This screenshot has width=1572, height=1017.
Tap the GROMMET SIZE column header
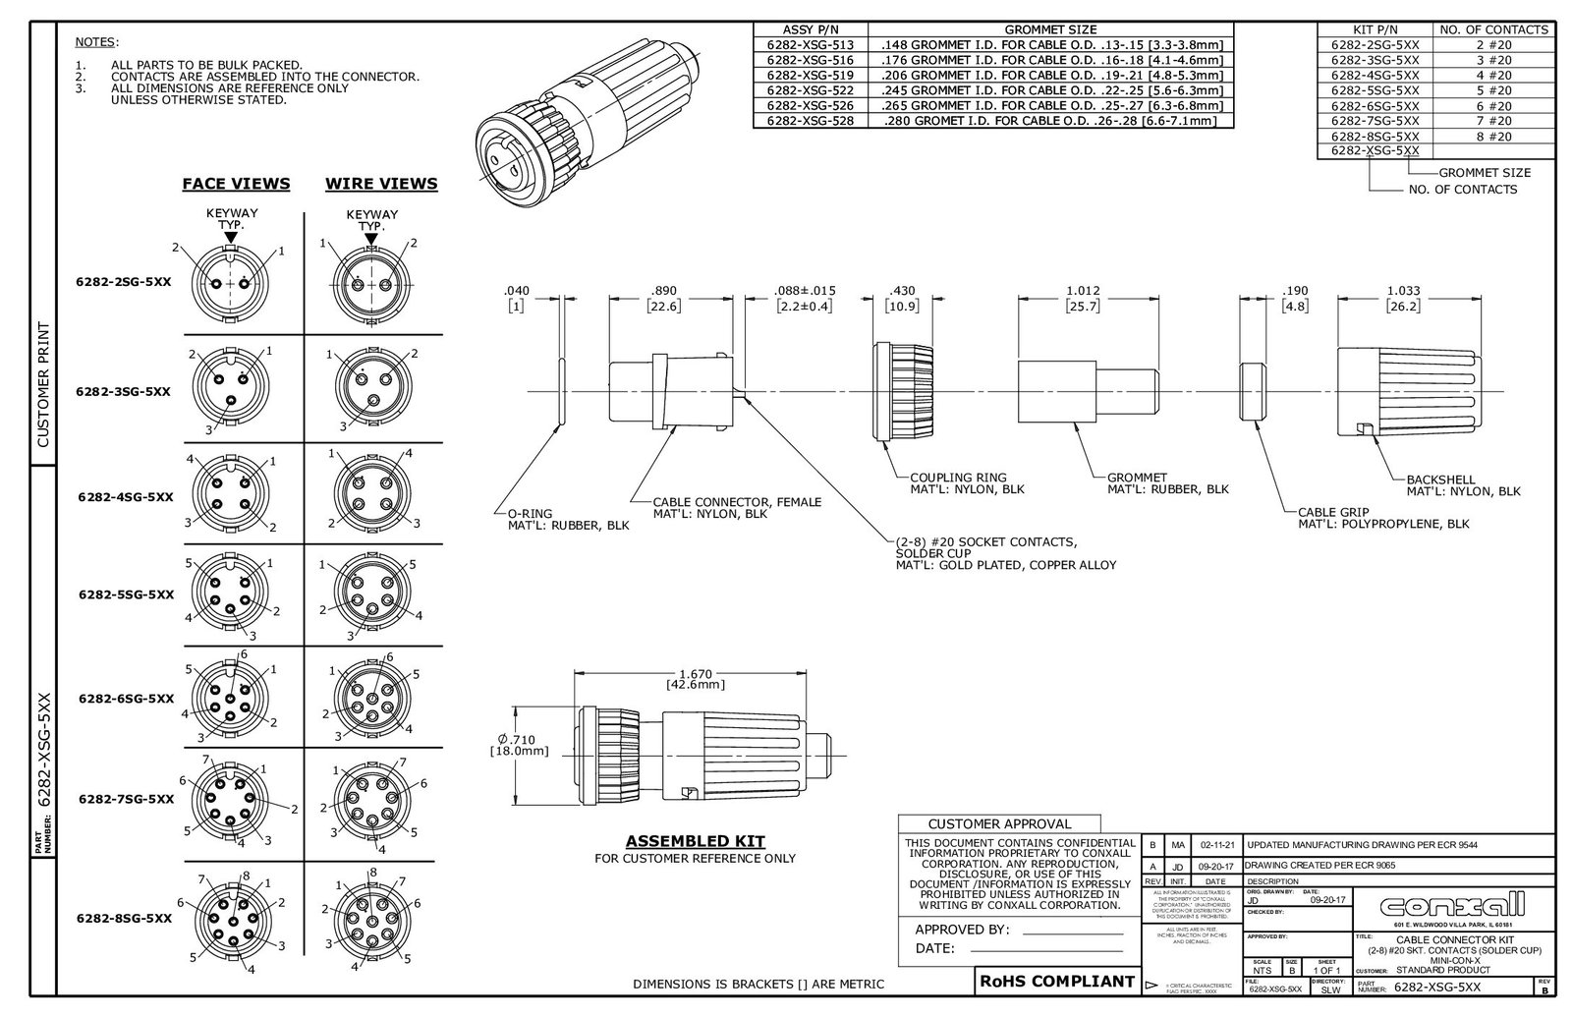point(1051,29)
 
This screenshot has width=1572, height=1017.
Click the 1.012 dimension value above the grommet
point(1083,291)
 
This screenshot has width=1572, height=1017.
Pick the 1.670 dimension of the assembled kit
point(695,674)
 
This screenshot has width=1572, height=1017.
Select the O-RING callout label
point(530,513)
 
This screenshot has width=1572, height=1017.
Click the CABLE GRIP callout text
point(1331,512)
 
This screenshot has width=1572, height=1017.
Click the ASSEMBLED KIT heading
point(695,841)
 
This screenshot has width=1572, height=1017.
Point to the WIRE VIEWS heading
point(381,184)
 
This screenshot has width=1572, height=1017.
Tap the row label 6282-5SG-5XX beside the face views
point(125,594)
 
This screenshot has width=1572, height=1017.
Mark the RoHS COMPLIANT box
point(1056,981)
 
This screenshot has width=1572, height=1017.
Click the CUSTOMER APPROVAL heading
point(999,823)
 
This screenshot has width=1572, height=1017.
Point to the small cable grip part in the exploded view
point(1252,391)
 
